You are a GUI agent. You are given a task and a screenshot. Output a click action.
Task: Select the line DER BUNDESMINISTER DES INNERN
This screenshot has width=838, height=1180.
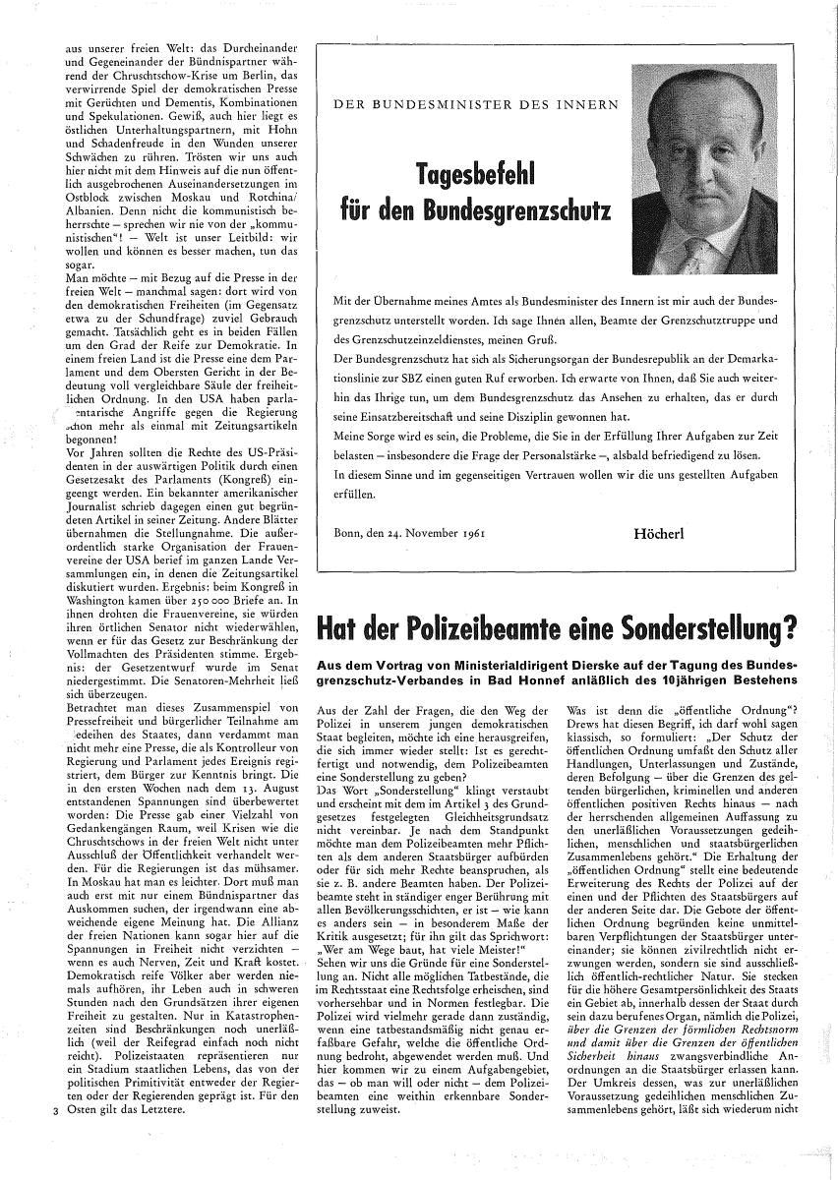point(476,102)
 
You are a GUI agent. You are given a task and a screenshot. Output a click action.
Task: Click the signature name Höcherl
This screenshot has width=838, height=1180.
point(659,531)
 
